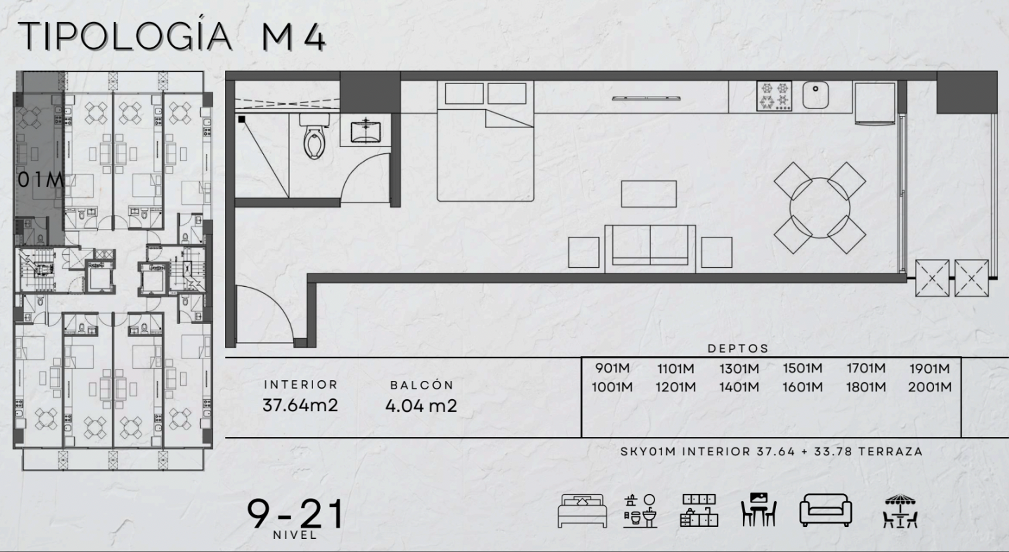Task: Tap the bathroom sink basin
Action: click(365, 131)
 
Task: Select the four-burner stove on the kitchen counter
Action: click(774, 96)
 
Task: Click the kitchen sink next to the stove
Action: click(815, 95)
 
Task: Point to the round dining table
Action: click(819, 208)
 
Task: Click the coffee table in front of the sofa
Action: click(648, 194)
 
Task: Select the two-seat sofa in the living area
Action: click(650, 248)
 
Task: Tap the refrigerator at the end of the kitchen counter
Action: click(875, 103)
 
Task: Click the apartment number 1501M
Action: click(802, 368)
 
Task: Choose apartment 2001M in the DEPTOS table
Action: click(929, 387)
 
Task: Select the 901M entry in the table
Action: click(612, 368)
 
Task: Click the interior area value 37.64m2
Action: click(300, 405)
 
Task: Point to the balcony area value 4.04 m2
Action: click(421, 405)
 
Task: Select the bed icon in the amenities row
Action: click(582, 511)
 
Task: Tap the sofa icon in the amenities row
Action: click(826, 510)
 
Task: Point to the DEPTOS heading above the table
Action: click(738, 349)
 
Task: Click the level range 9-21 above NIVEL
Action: click(295, 514)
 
